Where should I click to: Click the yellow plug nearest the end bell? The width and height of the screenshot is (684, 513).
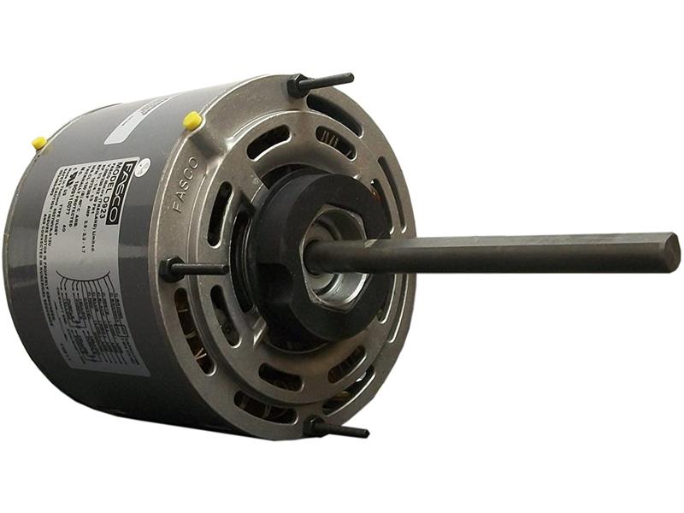pyautogui.click(x=193, y=121)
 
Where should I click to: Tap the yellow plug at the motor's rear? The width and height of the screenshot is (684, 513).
pyautogui.click(x=39, y=143)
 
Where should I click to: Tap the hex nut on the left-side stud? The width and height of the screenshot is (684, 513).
pyautogui.click(x=171, y=269)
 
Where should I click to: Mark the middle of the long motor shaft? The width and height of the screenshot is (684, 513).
pyautogui.click(x=496, y=254)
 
